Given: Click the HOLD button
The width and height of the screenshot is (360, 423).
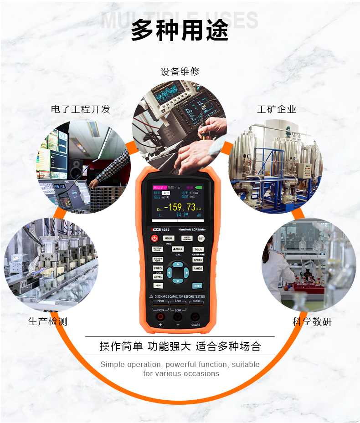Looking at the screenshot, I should click(x=169, y=238).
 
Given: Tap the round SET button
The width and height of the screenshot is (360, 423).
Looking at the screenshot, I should click(x=201, y=238).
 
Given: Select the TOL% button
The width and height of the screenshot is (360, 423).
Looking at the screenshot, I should click(x=198, y=250).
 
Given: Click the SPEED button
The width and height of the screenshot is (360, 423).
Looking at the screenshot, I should click(x=198, y=260).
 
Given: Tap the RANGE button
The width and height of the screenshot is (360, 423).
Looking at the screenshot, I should click(x=198, y=269).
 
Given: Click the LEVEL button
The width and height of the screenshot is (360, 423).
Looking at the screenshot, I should click(x=158, y=277).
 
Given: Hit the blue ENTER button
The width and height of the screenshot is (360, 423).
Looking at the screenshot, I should click(x=197, y=286).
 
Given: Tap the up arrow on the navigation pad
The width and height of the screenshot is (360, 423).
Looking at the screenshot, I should click(x=177, y=265).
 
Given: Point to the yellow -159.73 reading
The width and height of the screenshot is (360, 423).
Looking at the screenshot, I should click(x=180, y=207).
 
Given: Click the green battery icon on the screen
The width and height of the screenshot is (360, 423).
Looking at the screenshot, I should click(x=199, y=187).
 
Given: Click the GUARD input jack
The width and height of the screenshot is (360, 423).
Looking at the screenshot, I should click(x=195, y=317).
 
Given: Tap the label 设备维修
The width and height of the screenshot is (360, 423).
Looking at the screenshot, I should click(x=180, y=71).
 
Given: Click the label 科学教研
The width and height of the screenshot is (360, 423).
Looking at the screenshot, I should click(x=312, y=322).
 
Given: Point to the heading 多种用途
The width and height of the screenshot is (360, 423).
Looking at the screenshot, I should click(x=180, y=31).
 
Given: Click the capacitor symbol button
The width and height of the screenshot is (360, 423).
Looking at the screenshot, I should click(x=158, y=286).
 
